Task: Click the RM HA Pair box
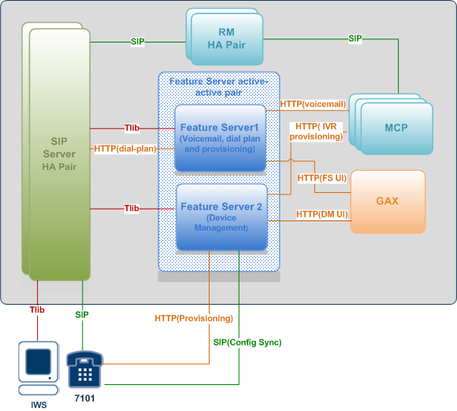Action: [x=225, y=37]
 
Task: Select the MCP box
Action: [x=391, y=124]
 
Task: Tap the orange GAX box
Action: [x=388, y=202]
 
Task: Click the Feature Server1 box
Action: [x=220, y=138]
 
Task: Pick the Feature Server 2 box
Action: [x=221, y=217]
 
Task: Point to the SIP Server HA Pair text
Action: [x=59, y=154]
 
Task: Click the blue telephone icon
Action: [x=84, y=369]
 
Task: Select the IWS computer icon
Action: [x=39, y=368]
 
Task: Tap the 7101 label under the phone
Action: [x=84, y=398]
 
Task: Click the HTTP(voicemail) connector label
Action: [x=313, y=104]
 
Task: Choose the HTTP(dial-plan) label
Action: [x=125, y=149]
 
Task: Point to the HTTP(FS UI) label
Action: [x=321, y=178]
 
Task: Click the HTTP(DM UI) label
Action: [x=322, y=214]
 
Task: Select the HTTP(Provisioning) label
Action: [x=194, y=318]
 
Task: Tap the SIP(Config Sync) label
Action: [x=247, y=342]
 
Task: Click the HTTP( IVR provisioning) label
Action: [x=316, y=131]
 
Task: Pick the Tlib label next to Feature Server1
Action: [x=132, y=128]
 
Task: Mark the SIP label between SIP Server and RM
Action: [x=138, y=42]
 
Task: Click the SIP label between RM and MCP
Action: [x=355, y=39]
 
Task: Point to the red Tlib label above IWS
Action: [x=37, y=309]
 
